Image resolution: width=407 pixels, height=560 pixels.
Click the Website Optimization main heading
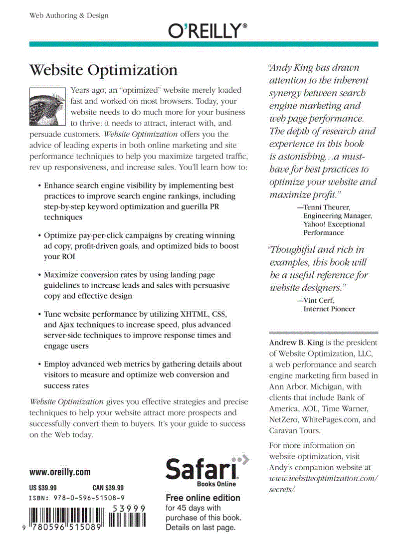[x=103, y=70]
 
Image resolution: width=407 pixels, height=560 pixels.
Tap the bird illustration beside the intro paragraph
[x=47, y=106]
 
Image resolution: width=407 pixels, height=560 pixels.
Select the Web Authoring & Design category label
[x=69, y=15]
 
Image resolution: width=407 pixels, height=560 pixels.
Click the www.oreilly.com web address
[x=60, y=472]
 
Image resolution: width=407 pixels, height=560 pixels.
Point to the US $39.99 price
[x=43, y=488]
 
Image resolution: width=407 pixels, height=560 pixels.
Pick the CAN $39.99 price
[x=108, y=488]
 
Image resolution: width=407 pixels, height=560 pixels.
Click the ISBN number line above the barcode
[x=77, y=498]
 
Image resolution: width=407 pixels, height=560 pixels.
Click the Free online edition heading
[x=203, y=498]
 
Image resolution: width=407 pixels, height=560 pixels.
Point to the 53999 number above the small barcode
[x=129, y=508]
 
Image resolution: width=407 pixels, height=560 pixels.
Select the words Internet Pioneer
[x=329, y=309]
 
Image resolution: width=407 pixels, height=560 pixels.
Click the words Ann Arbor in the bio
[x=286, y=386]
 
